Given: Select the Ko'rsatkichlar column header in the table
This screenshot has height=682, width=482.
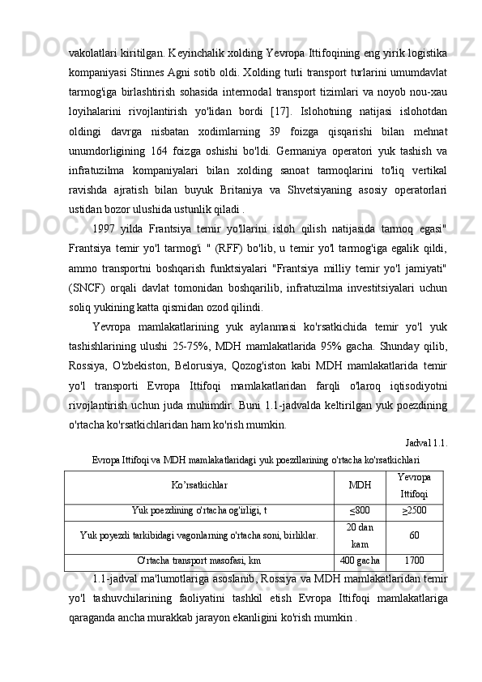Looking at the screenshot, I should (199, 484).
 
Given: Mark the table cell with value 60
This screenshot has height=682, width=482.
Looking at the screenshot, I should (414, 535).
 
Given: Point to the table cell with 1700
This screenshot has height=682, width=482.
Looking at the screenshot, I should (414, 560).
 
